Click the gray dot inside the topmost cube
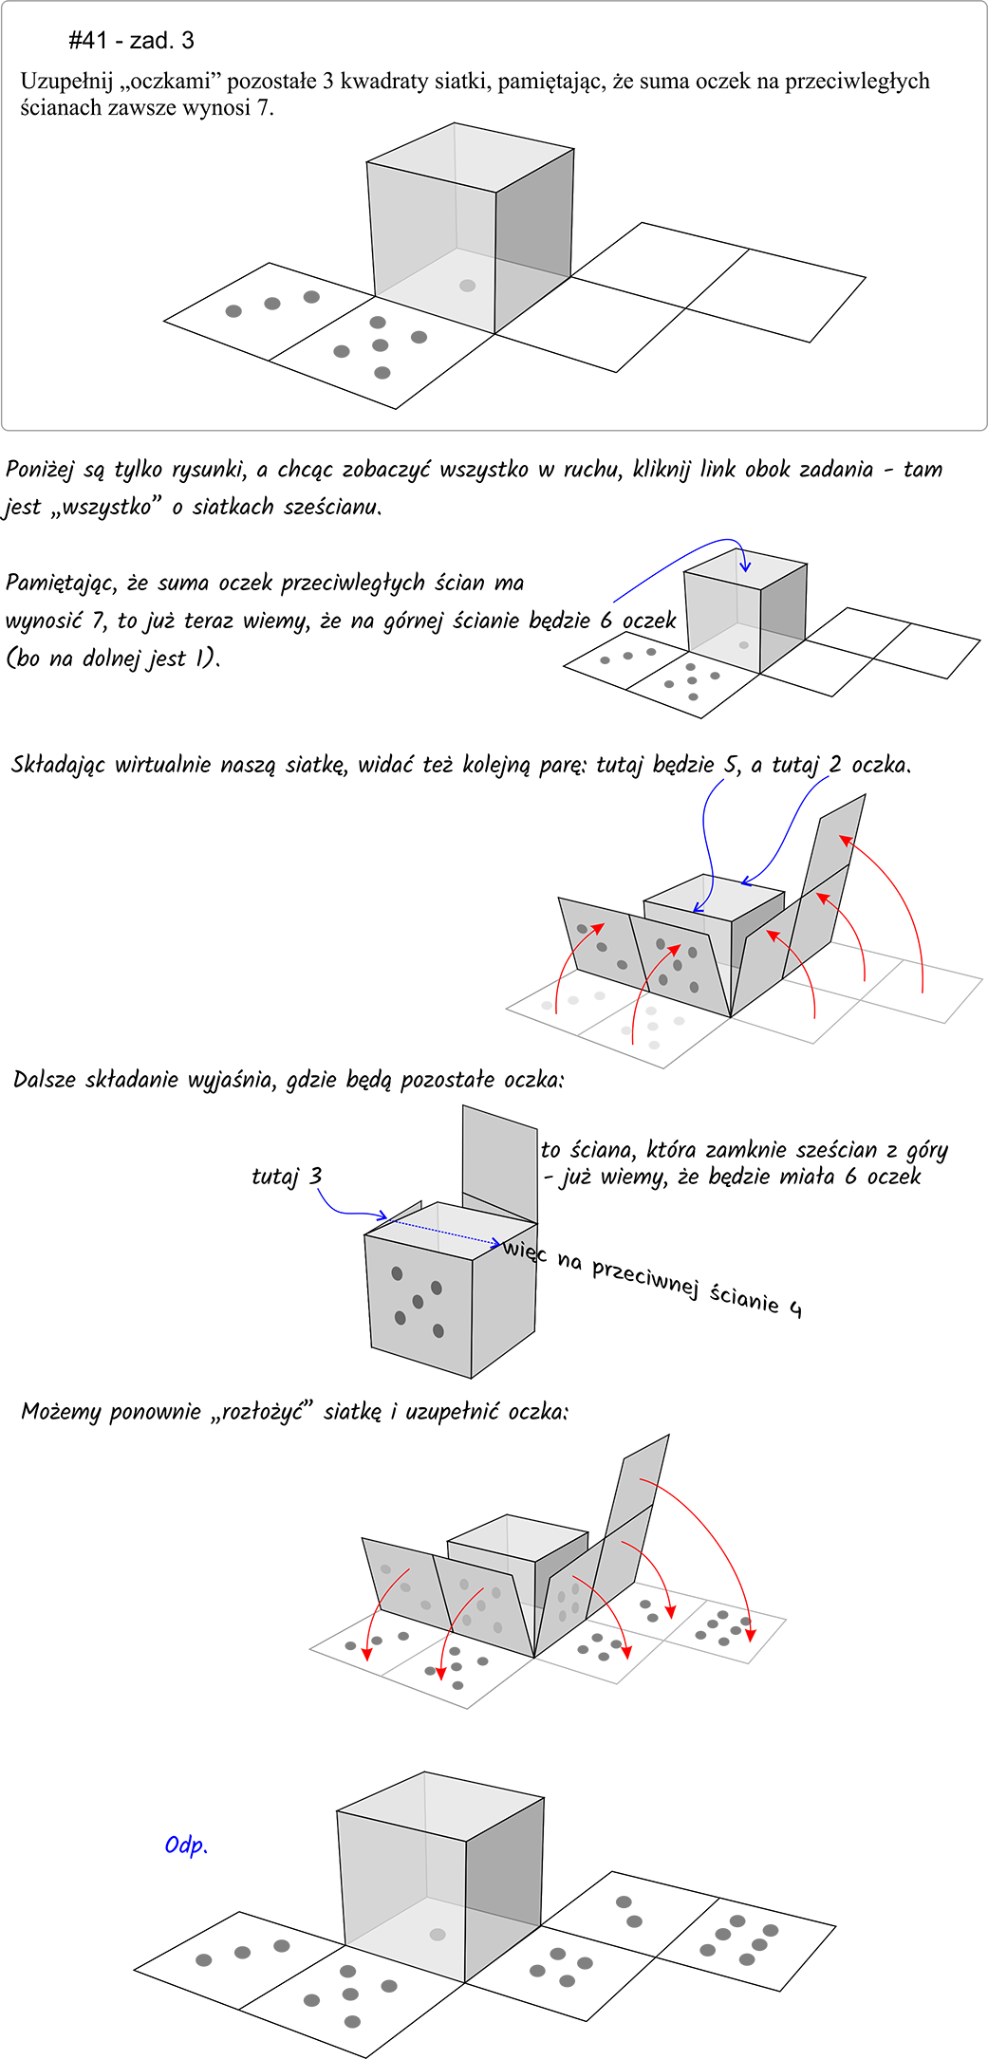tap(467, 286)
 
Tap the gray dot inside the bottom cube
tap(438, 1935)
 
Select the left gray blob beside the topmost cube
tap(271, 306)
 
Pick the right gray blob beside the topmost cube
tap(381, 348)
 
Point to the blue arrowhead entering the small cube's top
tap(745, 566)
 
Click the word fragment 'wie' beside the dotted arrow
tap(518, 1248)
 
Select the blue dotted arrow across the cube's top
tap(446, 1233)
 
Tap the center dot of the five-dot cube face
tap(418, 1301)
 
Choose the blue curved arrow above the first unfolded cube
tap(704, 897)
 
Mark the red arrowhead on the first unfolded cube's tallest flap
tap(843, 841)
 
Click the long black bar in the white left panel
tap(179, 767)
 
